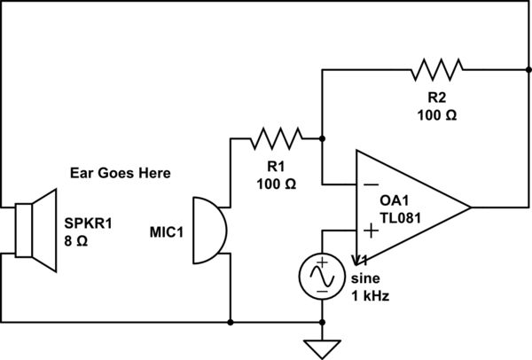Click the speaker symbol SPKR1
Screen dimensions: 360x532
[35, 227]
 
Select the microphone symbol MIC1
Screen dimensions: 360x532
[208, 231]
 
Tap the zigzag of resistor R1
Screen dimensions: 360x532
[276, 137]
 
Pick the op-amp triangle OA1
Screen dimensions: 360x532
[408, 207]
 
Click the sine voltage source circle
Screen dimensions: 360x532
[321, 276]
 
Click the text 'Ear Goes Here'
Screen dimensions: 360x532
[119, 172]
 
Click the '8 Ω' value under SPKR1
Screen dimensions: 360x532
[76, 239]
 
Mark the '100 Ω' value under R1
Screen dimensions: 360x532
[276, 184]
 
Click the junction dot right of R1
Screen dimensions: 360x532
[321, 137]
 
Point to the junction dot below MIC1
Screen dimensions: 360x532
[231, 322]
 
